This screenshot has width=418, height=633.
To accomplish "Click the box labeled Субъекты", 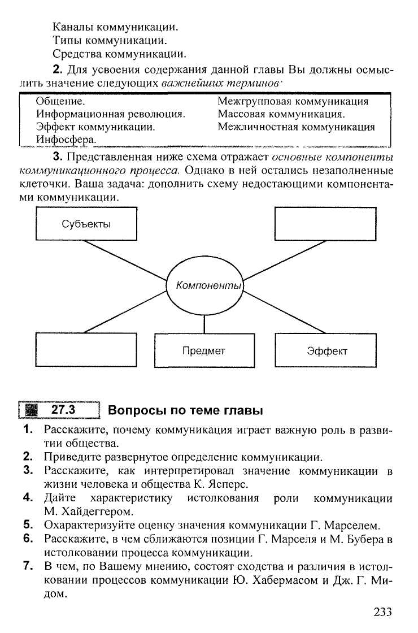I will (x=86, y=224).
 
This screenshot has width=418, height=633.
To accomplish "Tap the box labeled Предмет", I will (x=204, y=351).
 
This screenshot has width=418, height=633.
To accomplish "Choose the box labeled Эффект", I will (x=325, y=351).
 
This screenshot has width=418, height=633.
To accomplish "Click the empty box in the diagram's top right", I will (x=325, y=224).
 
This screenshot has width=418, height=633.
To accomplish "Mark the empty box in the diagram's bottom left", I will (x=86, y=351).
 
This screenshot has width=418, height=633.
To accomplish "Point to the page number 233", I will (x=382, y=611).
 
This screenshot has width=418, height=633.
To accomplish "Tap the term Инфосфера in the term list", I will (x=66, y=139).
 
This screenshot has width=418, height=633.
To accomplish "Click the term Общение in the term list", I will (x=60, y=102).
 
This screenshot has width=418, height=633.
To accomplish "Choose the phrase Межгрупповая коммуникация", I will (x=293, y=102).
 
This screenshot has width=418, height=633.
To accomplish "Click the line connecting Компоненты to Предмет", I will (x=204, y=324).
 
